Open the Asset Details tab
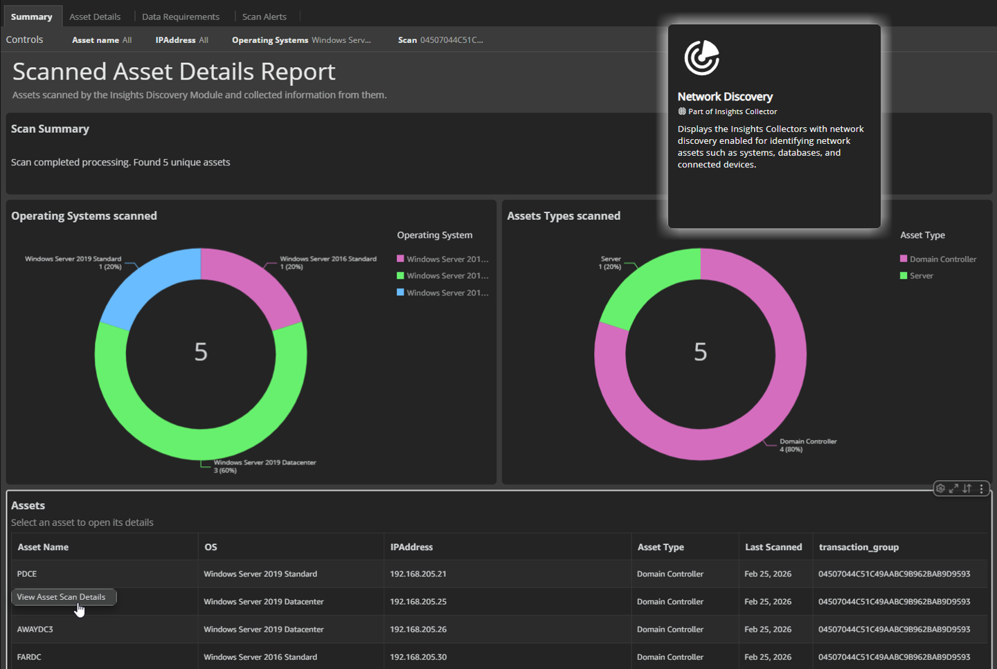pos(95,17)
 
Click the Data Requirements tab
pos(181,17)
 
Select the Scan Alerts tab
pos(264,17)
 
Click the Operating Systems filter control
pos(301,40)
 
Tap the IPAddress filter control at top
pos(181,40)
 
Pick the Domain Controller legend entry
pos(942,259)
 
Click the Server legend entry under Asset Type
pos(921,276)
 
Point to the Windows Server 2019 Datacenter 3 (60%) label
pos(264,466)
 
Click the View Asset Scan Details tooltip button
pos(62,597)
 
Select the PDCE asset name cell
pos(27,574)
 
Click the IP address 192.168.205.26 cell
pos(418,630)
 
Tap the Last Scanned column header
pos(773,547)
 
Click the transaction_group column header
pos(859,547)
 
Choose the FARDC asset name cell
pos(29,657)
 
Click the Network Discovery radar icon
pos(701,57)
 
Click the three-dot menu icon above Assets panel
pos(981,488)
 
